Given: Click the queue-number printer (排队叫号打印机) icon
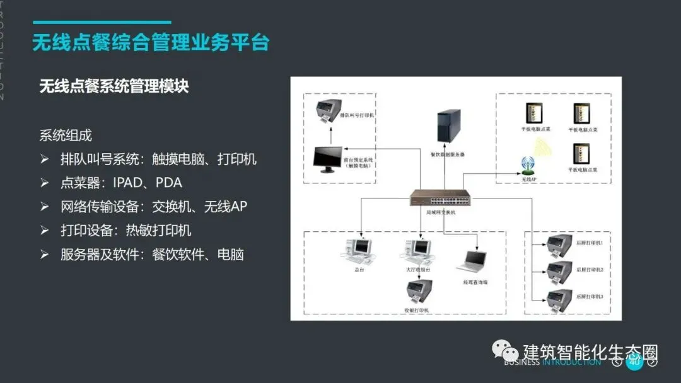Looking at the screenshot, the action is [329, 110].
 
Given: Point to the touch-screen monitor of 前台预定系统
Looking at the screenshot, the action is [329, 160].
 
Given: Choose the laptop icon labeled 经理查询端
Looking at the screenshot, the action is [475, 260].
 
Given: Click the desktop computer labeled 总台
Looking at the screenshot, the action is [357, 251].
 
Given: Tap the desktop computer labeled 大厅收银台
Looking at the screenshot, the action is [417, 251].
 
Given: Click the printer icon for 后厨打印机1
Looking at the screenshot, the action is [560, 244].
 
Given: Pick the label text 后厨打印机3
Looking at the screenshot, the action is [590, 296].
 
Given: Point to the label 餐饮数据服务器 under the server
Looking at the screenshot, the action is [448, 154].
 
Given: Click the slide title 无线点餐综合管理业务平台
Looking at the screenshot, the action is [151, 43].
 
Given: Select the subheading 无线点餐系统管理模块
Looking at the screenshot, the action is [114, 86].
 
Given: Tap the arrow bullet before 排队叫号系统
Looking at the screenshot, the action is [44, 159].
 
